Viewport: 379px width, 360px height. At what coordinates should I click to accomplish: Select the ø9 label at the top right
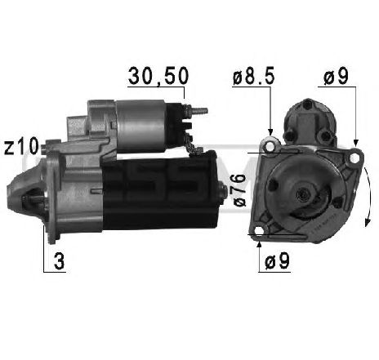[337, 77]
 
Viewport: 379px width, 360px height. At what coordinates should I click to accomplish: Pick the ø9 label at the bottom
[279, 263]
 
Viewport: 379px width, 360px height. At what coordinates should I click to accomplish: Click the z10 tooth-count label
[20, 146]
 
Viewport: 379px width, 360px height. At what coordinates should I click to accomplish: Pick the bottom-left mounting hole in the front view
[260, 237]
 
